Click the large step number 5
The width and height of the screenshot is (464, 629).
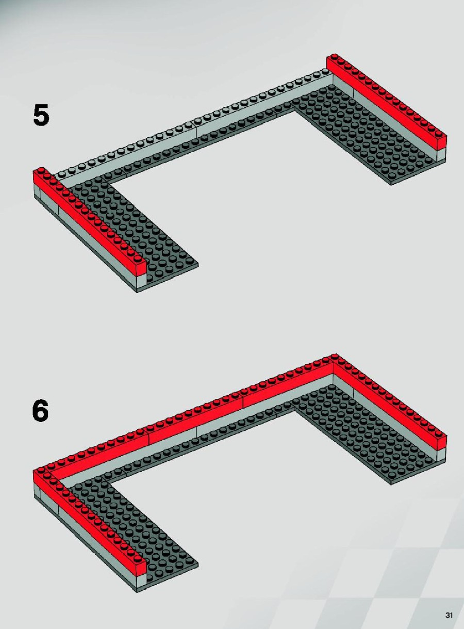(41, 115)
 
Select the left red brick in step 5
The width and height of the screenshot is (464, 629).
(89, 221)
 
